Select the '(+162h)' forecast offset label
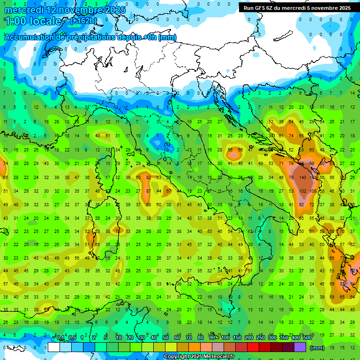[x=83, y=21]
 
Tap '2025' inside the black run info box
[x=344, y=8]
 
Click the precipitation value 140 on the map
[x=302, y=178]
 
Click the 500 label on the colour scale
[x=307, y=338]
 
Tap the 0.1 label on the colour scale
[x=60, y=338]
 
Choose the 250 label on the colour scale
[x=260, y=338]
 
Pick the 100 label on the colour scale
[x=225, y=338]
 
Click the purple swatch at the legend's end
[x=300, y=347]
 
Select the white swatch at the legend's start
[x=54, y=347]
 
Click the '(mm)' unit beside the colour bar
[x=317, y=348]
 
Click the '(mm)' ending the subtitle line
[x=167, y=37]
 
